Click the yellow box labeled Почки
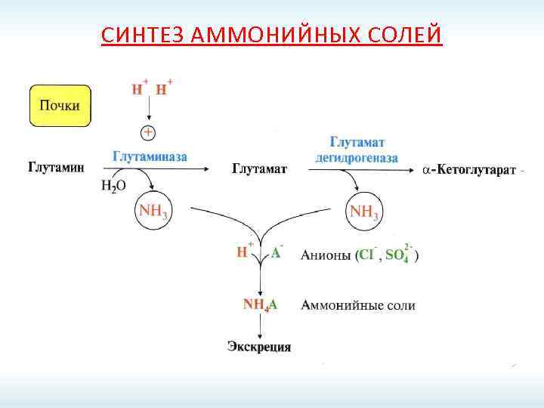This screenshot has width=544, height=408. click(60, 105)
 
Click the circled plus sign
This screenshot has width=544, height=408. click(150, 133)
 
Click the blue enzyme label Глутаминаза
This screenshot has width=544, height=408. click(150, 156)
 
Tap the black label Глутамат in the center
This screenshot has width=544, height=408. click(259, 168)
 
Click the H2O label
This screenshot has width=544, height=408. click(113, 186)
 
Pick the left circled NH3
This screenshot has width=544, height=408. click(153, 211)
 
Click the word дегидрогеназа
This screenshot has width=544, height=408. click(357, 156)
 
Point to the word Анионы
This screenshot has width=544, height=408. click(326, 255)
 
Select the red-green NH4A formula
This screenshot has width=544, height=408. click(260, 304)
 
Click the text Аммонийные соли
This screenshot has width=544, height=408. click(358, 305)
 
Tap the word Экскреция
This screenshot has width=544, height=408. click(259, 347)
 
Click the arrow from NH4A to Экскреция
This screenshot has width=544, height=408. click(260, 326)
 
